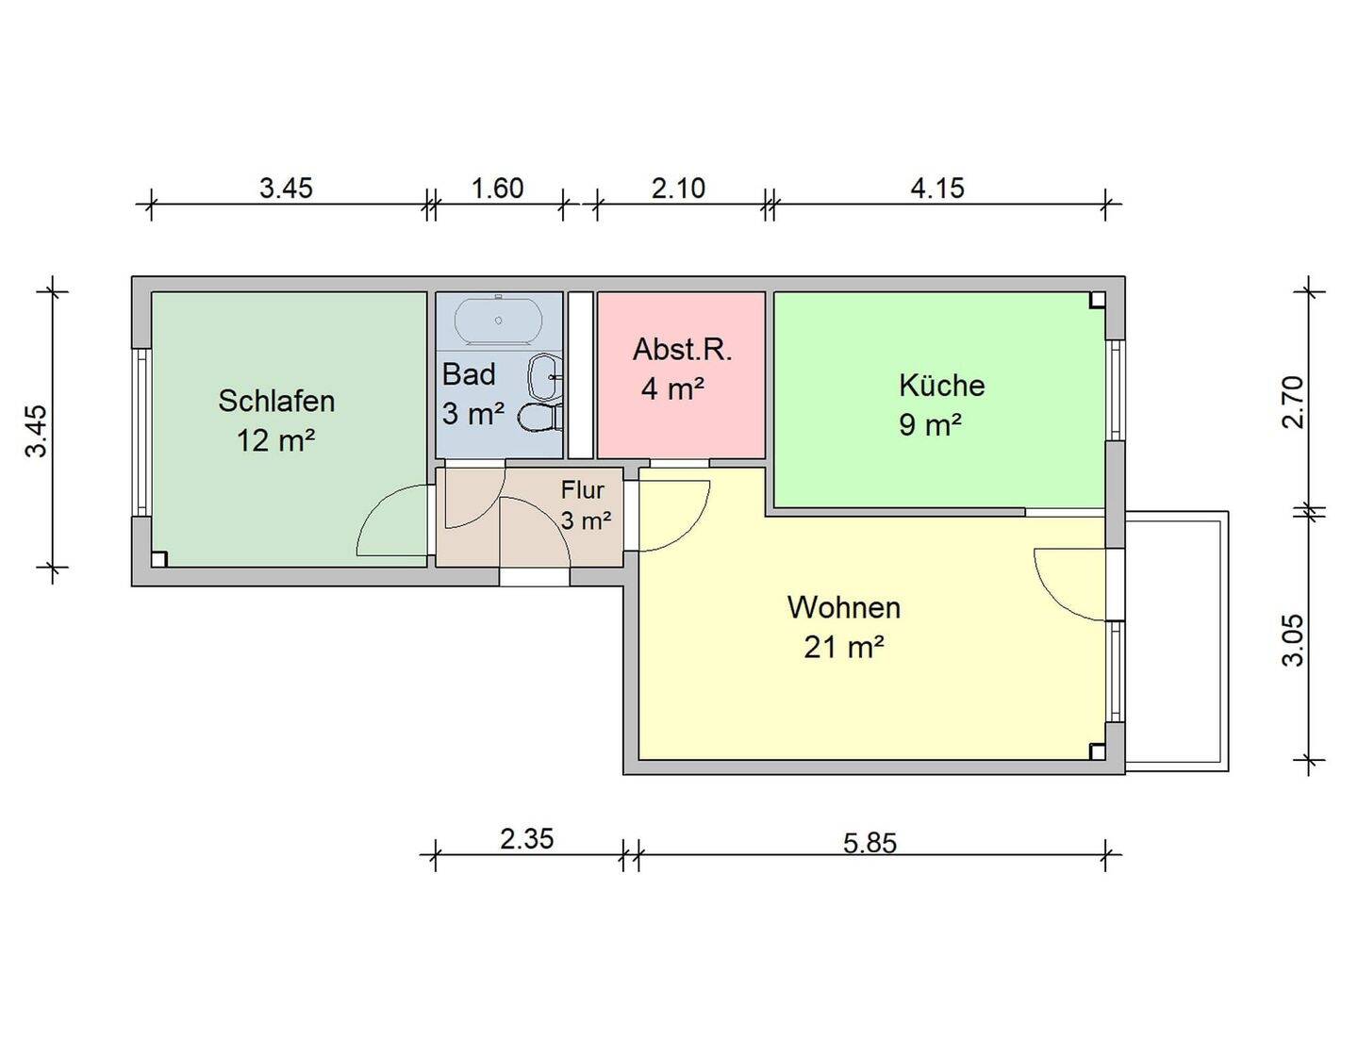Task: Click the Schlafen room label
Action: point(276,401)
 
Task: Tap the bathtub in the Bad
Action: point(498,322)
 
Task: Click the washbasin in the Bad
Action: point(545,377)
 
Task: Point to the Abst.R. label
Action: point(682,350)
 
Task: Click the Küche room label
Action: point(941,386)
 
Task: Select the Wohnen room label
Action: point(843,607)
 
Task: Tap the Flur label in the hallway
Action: point(582,490)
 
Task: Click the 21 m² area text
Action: point(843,648)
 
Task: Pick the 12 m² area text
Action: point(275,440)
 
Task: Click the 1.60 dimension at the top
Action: point(497,188)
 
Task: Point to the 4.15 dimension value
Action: point(937,188)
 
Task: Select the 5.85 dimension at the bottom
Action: point(869,842)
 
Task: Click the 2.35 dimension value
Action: point(526,838)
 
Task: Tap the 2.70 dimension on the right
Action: point(1293,402)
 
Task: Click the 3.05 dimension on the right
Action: point(1293,640)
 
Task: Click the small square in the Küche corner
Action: point(1097,301)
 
